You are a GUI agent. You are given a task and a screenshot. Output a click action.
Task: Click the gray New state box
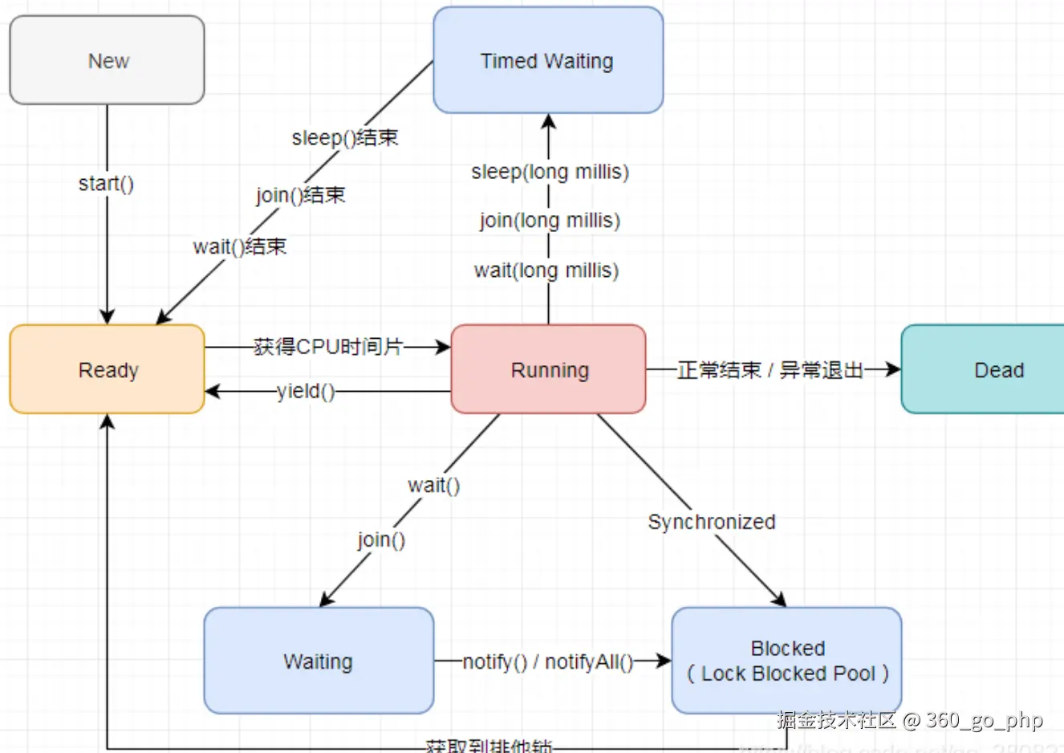click(x=107, y=60)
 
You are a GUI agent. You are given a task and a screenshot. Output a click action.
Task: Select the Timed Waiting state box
click(x=548, y=60)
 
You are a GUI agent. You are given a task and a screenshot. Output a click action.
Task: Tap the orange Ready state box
click(x=107, y=369)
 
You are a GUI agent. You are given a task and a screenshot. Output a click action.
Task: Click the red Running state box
click(x=549, y=369)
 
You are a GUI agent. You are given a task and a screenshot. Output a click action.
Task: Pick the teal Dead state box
click(x=987, y=369)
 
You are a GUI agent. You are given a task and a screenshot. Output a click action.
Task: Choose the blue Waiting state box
click(x=319, y=661)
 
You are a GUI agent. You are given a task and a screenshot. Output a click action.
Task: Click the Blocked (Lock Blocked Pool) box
click(x=786, y=661)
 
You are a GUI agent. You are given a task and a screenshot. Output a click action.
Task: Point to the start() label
click(x=106, y=184)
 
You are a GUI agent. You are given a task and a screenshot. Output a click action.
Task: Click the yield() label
click(x=306, y=391)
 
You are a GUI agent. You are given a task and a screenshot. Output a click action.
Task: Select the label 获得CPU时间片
click(x=328, y=347)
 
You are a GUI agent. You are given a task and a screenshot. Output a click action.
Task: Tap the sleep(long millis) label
click(x=550, y=172)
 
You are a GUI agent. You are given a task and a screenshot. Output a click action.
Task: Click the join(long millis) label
click(x=550, y=220)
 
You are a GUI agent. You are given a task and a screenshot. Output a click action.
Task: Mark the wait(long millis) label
click(x=546, y=271)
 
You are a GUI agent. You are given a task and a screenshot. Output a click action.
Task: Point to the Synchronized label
click(x=711, y=522)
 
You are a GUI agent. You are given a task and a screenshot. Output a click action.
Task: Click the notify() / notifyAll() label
click(x=548, y=661)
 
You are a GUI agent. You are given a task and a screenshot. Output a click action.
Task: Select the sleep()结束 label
click(x=345, y=138)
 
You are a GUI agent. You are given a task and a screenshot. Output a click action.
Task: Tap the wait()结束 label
click(x=239, y=246)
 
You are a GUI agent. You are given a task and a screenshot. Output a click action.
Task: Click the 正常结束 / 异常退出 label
click(x=770, y=370)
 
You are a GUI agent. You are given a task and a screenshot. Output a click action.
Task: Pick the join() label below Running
click(x=381, y=539)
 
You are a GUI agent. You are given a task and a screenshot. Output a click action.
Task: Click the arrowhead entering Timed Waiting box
click(x=549, y=121)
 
